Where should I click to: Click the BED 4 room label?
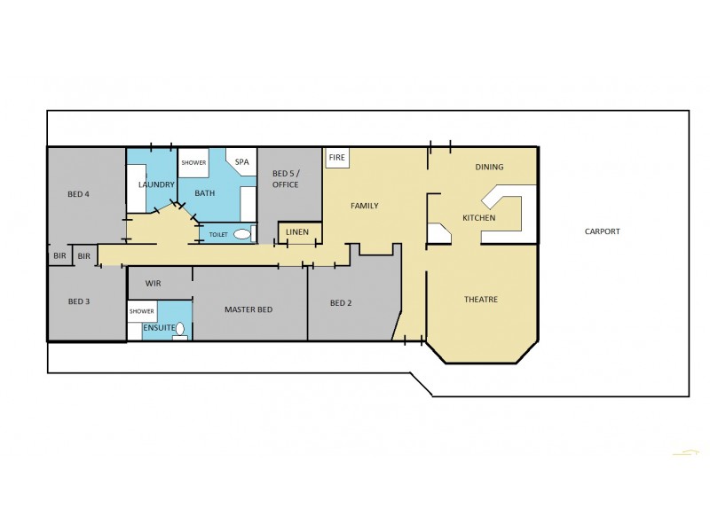79,193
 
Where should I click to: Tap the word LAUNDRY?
156,184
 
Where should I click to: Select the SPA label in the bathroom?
241,162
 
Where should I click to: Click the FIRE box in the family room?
336,157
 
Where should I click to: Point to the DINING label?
489,167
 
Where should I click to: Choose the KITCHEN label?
478,218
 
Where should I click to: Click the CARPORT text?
602,231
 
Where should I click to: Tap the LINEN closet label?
299,232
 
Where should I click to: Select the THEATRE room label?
481,300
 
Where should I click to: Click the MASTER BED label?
248,309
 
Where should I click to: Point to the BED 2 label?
341,303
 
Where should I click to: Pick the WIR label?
152,284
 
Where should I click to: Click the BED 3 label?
79,301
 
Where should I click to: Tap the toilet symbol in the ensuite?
181,329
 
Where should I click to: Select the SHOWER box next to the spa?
193,162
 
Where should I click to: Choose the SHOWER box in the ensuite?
142,311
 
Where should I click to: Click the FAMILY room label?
364,206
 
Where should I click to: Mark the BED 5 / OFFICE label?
285,178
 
